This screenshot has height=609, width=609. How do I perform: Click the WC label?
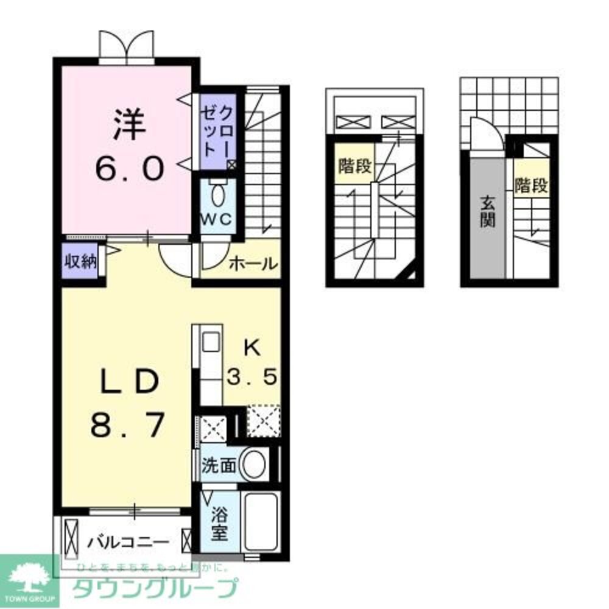[217, 220]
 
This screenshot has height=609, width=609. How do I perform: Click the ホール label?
[254, 264]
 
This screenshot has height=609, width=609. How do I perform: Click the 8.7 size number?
[128, 424]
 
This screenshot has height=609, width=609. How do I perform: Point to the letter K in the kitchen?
[252, 348]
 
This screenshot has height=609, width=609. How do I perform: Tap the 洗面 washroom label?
[219, 466]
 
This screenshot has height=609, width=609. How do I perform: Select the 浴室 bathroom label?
[219, 525]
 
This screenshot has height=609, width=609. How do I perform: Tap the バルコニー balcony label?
[127, 541]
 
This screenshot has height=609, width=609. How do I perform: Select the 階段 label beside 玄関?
[531, 186]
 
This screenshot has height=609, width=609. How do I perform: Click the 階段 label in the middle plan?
[354, 166]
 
